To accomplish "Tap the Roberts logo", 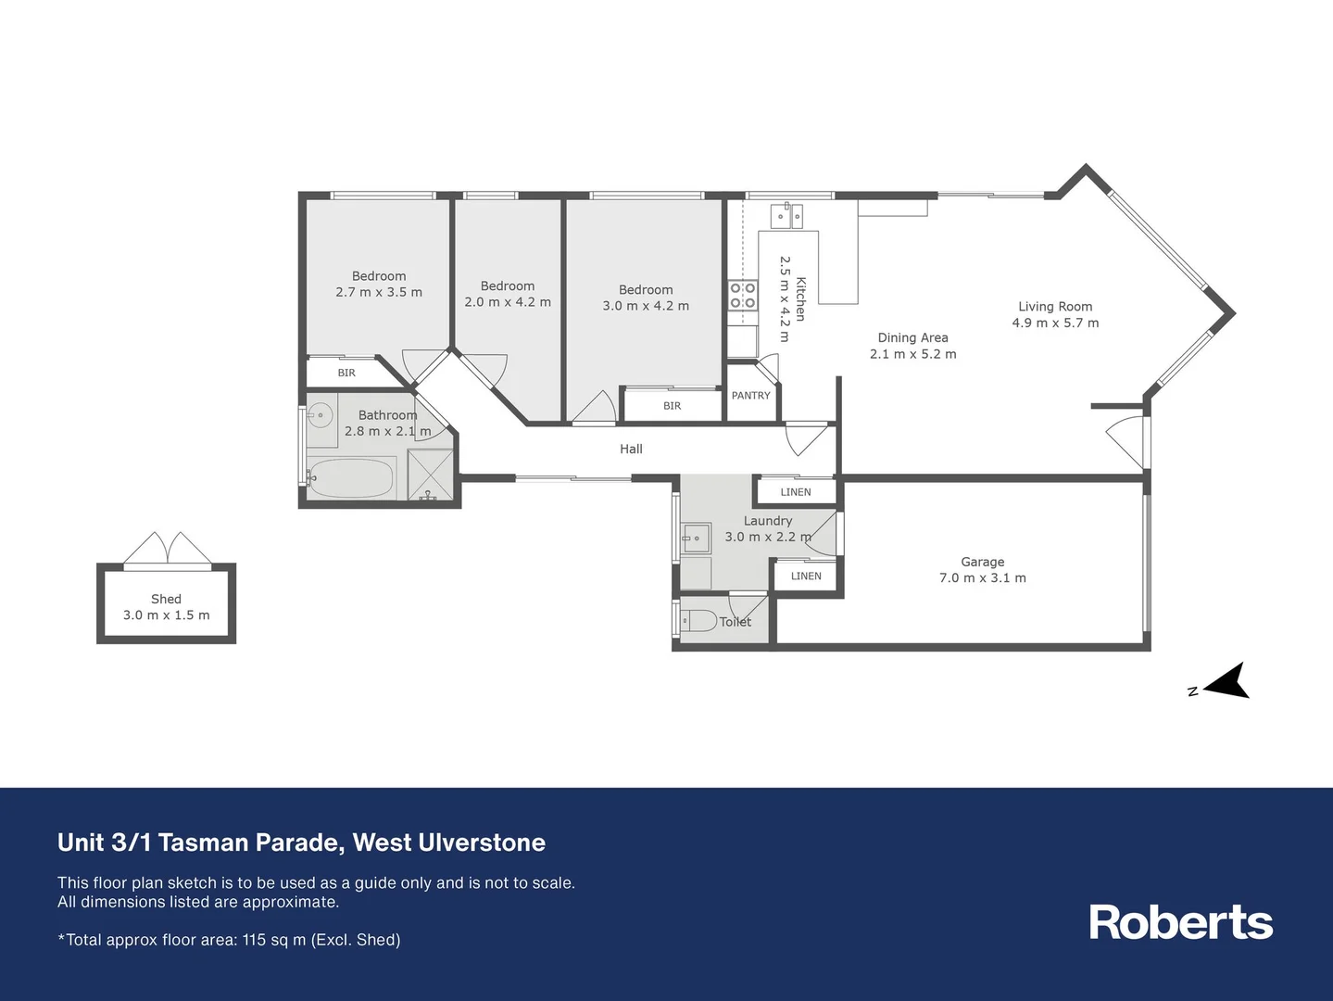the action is (x=1180, y=922).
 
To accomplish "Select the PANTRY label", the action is (x=750, y=396).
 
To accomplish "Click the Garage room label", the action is (x=983, y=562).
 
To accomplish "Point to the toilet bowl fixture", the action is (x=698, y=621).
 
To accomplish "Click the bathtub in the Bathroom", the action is (x=352, y=478).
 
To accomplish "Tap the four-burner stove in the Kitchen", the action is (x=743, y=295).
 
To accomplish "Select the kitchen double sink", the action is (x=787, y=216).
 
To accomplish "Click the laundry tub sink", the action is (x=696, y=538).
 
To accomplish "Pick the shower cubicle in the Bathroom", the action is (x=431, y=475).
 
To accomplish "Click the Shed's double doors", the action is (x=167, y=549).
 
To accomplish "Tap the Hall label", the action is (x=631, y=449).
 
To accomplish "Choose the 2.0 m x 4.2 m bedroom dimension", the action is (x=508, y=302).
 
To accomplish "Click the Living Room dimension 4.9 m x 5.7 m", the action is (x=1055, y=323).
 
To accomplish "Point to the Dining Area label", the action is (x=912, y=337).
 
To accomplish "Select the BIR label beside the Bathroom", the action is (x=346, y=373).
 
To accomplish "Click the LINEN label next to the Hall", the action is (x=796, y=492).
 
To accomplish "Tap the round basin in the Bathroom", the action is (x=320, y=416).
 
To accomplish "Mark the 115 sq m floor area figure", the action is (x=273, y=940).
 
